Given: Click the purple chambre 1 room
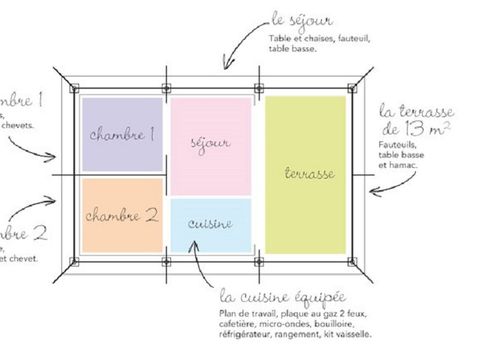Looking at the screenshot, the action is pos(121,134).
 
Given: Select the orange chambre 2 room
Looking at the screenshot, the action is pos(121,214).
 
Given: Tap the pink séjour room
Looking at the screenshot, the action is pos(210,142).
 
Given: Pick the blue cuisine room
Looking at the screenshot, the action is pos(210,224).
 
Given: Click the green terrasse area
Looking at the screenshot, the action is pos(306,172).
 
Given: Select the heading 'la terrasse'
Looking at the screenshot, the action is pos(414,111).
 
